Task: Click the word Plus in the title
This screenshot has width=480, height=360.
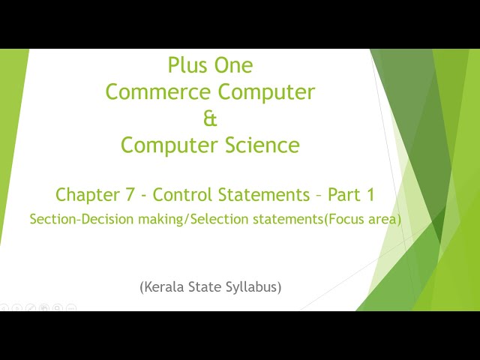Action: [188, 65]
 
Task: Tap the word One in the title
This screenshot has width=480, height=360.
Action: [232, 65]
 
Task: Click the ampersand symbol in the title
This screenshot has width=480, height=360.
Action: [210, 118]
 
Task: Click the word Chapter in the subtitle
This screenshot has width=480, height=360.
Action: [85, 195]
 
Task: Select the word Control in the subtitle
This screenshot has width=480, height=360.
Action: [183, 195]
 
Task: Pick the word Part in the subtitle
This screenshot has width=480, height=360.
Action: [343, 195]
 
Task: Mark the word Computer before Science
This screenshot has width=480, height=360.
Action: [169, 145]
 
